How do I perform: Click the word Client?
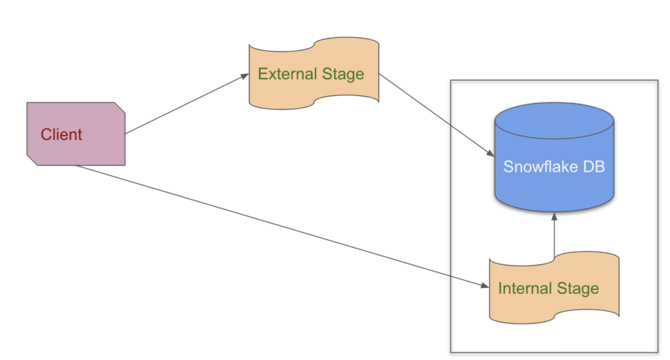click(62, 135)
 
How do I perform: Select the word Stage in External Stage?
click(343, 74)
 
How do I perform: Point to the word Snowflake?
click(534, 167)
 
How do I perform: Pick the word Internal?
click(525, 289)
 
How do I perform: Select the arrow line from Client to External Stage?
click(183, 105)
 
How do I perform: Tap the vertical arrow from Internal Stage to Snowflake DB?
click(554, 236)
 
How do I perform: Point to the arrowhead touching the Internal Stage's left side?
click(485, 287)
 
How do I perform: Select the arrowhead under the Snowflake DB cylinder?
click(554, 215)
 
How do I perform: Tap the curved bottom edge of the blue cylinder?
click(554, 210)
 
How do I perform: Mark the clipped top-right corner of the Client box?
click(120, 107)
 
